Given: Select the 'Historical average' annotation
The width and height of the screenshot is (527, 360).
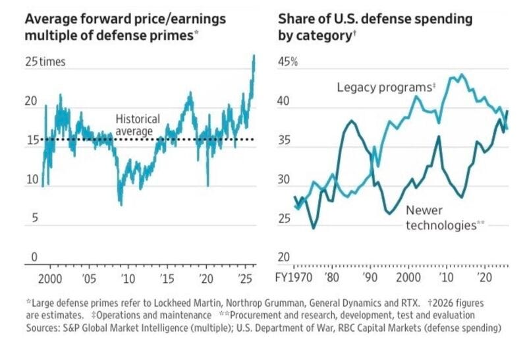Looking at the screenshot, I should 138,125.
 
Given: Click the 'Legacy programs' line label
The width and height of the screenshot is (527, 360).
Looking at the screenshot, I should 387,87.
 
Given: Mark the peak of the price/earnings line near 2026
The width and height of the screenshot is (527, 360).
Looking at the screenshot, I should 254,56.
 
